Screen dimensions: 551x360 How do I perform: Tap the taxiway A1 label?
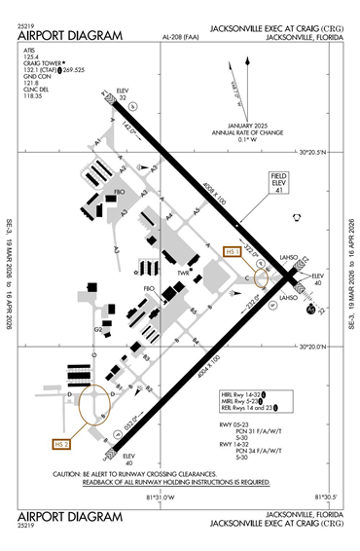tap(97, 142)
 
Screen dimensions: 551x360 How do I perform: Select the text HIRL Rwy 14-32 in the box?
tap(240, 393)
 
